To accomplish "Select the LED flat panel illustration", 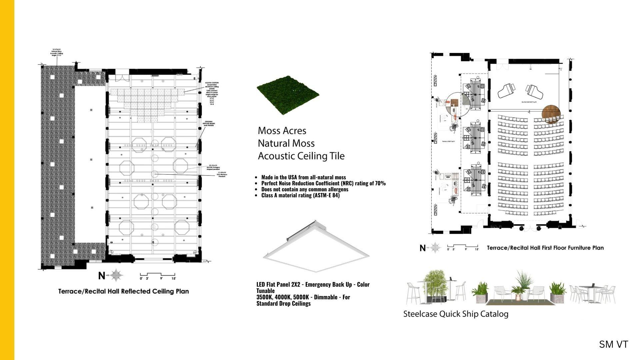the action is pyautogui.click(x=316, y=247).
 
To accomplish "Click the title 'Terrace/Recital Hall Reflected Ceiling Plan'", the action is pyautogui.click(x=123, y=291).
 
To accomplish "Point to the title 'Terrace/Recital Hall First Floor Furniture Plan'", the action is pyautogui.click(x=545, y=248).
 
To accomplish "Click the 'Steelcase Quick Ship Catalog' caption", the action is pyautogui.click(x=456, y=314).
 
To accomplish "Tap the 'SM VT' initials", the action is pyautogui.click(x=613, y=344).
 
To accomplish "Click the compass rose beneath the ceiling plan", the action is pyautogui.click(x=116, y=275).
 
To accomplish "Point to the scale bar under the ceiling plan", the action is pyautogui.click(x=158, y=277).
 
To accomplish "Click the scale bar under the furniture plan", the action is pyautogui.click(x=463, y=247).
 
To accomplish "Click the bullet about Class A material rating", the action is pyautogui.click(x=300, y=195).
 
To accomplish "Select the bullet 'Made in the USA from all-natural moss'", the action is pyautogui.click(x=303, y=177).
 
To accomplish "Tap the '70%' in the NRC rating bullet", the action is pyautogui.click(x=380, y=183).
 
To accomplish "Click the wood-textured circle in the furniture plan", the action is pyautogui.click(x=551, y=114).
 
